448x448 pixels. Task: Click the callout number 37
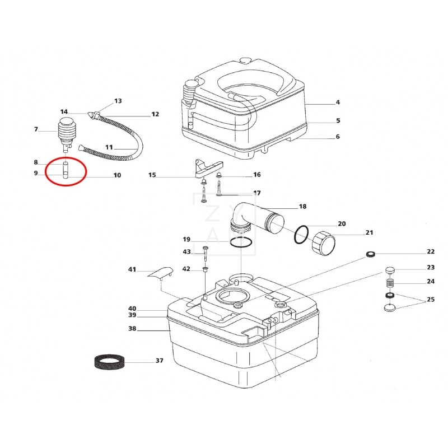click(160, 361)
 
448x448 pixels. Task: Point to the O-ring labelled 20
click(301, 234)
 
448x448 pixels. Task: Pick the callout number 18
click(302, 207)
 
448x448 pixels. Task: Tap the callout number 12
click(155, 114)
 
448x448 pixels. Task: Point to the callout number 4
click(338, 102)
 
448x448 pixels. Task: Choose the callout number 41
click(132, 269)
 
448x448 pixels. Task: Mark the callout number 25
click(431, 300)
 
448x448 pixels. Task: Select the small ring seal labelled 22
click(370, 256)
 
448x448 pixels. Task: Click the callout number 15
click(152, 175)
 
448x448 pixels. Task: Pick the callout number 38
click(132, 329)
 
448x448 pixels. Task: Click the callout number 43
click(187, 252)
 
